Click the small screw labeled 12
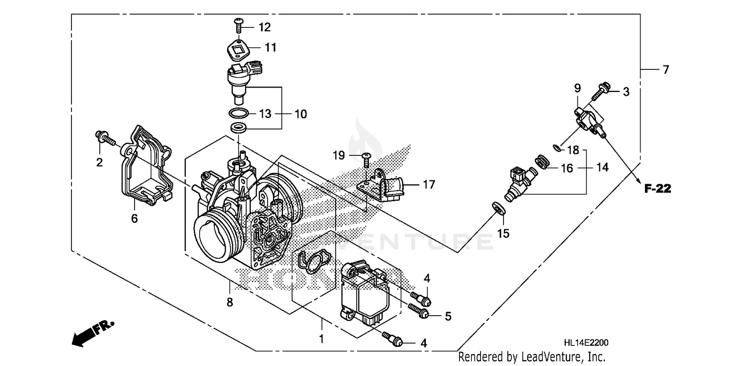pos(239,23)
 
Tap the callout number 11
pos(271,47)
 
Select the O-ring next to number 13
pos(238,114)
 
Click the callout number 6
pos(134,218)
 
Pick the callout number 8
pos(229,302)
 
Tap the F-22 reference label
pos(657,189)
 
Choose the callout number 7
pos(665,70)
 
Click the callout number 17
pos(429,185)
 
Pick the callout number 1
pos(321,338)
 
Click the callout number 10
pos(300,114)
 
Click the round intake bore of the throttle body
pos(217,237)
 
